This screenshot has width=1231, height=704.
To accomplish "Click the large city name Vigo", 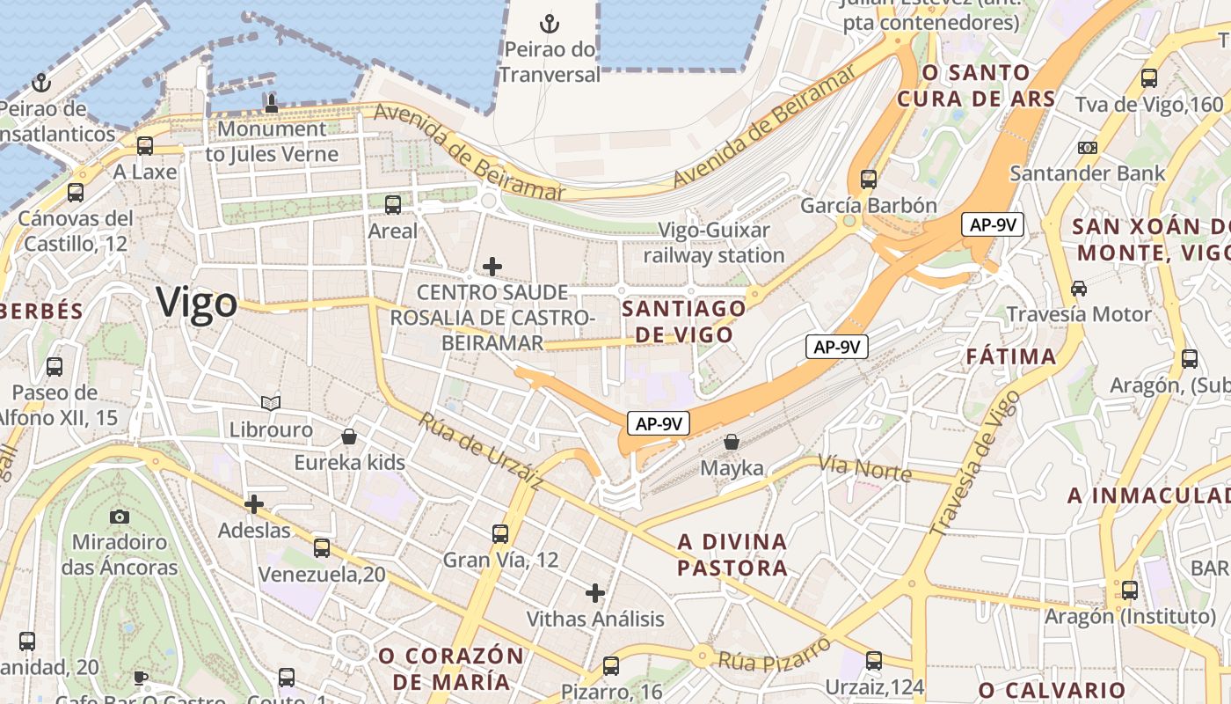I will pos(197,303).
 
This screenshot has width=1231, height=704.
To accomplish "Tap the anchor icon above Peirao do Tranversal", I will pos(550,24).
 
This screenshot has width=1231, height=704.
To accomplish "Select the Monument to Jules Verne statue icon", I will pos(272,103).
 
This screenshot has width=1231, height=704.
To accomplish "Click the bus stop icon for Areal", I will pos(393,205).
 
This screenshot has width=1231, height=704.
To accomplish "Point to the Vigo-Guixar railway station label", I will pos(714,243).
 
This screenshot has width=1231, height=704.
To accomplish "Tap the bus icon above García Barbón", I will pos(869,180).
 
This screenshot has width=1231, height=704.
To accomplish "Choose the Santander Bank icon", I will pos(1088,147).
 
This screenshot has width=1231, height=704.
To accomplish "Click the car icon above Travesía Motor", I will pos(1079,288).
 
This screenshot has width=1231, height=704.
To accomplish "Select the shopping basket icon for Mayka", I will pos(732,442).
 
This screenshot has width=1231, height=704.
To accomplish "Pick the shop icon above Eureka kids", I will pos(349,436).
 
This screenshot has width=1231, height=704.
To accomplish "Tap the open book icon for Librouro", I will pos(271,403).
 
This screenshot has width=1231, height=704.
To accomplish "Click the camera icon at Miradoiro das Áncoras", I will pos(120,516).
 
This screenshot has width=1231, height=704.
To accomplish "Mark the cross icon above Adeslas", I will pos(254,504).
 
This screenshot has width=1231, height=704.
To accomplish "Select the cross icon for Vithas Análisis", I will pos(595,592).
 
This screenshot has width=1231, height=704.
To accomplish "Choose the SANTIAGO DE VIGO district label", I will pos(684,321).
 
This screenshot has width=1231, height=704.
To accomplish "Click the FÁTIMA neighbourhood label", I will pos(1011,356).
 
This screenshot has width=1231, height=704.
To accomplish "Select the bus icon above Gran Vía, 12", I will pos(500,533).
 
